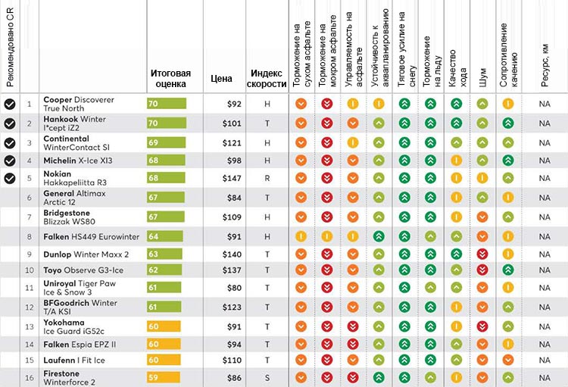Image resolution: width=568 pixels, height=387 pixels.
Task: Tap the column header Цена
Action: (221, 77)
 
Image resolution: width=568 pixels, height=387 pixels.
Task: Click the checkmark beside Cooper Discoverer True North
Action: (10, 104)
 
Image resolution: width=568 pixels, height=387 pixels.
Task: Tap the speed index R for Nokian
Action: (267, 178)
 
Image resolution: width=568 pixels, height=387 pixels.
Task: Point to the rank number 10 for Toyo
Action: (30, 270)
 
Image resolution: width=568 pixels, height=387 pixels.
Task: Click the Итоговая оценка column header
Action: (170, 78)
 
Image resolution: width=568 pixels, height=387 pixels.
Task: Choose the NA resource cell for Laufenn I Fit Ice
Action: (545, 360)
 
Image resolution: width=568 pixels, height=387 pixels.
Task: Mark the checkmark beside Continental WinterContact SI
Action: (10, 142)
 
